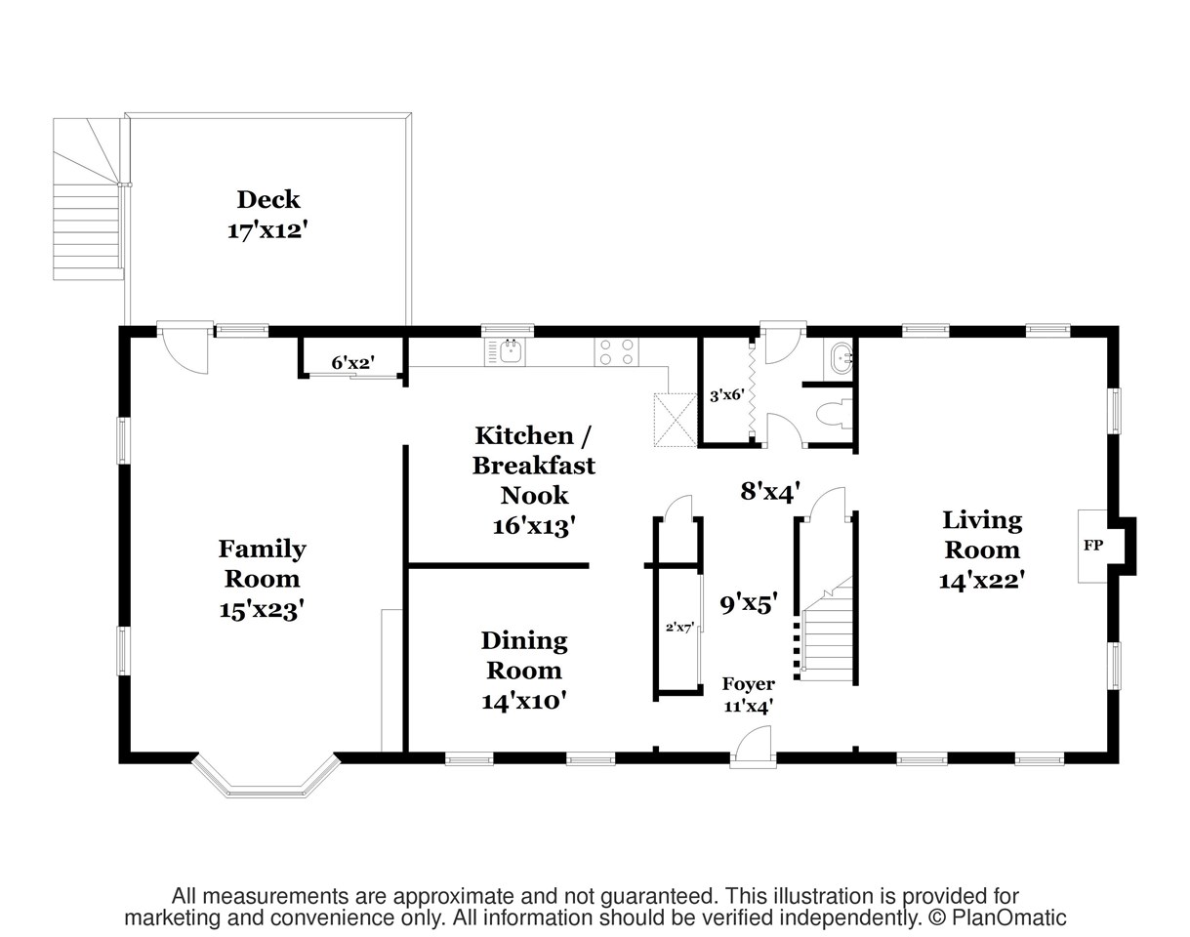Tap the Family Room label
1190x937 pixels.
(x=262, y=578)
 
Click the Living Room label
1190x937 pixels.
(x=981, y=549)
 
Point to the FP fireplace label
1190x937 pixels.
(x=1092, y=546)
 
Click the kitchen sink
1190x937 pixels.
(x=509, y=351)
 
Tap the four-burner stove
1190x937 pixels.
(x=616, y=351)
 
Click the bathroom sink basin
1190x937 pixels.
(x=840, y=359)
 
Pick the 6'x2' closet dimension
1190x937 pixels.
(x=352, y=363)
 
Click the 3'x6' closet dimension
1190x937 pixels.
(x=726, y=395)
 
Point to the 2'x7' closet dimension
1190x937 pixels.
(x=679, y=628)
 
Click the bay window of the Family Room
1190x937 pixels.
(x=266, y=777)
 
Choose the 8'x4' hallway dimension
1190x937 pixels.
(x=771, y=491)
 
